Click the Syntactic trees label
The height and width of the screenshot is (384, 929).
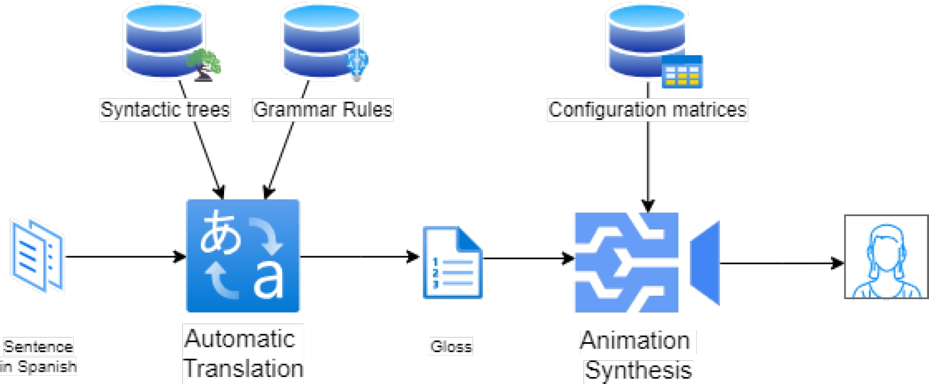click(165, 110)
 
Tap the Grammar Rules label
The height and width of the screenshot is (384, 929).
click(323, 110)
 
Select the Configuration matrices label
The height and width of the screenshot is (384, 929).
click(647, 110)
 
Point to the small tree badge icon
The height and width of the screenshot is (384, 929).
click(204, 64)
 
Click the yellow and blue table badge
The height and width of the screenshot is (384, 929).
click(682, 71)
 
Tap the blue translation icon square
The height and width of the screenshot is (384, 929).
click(243, 256)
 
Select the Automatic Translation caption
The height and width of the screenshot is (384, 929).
click(243, 353)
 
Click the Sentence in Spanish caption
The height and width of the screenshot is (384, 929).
click(38, 356)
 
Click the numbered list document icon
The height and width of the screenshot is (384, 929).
click(452, 263)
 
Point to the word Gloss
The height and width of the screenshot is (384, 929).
click(451, 346)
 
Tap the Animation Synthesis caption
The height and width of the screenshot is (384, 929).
click(638, 355)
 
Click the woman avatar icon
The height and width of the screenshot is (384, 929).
click(886, 257)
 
